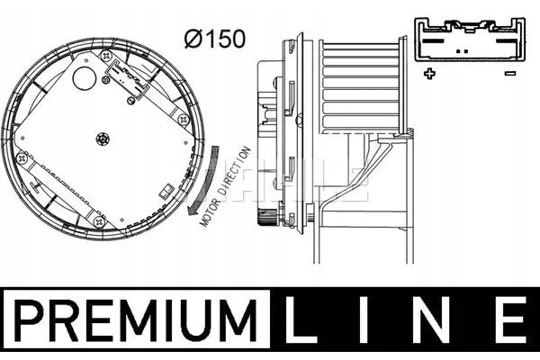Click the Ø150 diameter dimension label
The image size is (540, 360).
[x=215, y=39]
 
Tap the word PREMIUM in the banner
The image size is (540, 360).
[x=135, y=320]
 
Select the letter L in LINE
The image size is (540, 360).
[x=300, y=320]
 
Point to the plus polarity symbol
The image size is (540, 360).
[x=429, y=74]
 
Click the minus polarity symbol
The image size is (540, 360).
[x=510, y=73]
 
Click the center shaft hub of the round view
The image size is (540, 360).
[x=103, y=139]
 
